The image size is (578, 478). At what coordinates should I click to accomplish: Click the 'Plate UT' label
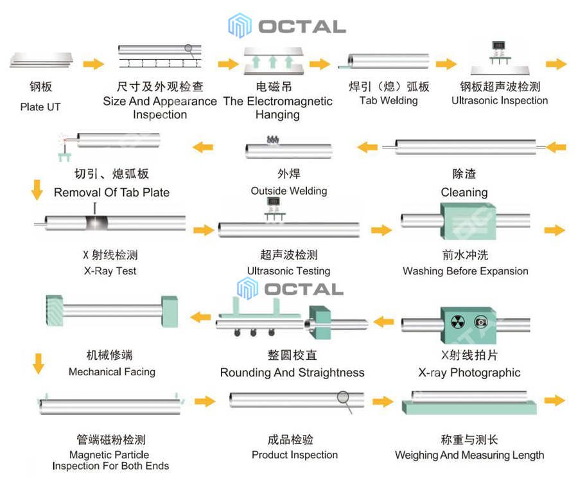(40, 107)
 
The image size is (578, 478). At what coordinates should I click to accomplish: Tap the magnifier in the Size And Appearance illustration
(188, 48)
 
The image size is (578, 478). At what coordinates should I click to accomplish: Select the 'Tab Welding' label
(389, 100)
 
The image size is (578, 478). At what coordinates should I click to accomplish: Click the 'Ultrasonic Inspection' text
(500, 100)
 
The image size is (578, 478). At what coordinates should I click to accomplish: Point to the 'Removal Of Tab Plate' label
(112, 192)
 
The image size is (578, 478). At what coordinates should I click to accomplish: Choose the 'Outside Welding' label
(289, 191)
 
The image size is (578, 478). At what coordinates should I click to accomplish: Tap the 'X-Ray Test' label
(110, 270)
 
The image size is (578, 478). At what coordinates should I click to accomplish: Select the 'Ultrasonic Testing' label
(289, 271)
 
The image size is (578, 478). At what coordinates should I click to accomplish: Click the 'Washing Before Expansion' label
(466, 271)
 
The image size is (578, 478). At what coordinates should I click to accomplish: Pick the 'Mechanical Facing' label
(112, 371)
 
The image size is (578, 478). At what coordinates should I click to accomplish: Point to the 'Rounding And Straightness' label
(292, 373)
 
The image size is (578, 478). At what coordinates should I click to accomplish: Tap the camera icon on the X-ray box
(479, 322)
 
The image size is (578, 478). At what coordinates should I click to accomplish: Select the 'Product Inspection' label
(295, 455)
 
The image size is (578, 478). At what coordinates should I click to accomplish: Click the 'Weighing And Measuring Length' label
(469, 455)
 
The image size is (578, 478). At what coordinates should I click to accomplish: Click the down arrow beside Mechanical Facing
(39, 363)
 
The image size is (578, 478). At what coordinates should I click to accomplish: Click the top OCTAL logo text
(302, 26)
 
